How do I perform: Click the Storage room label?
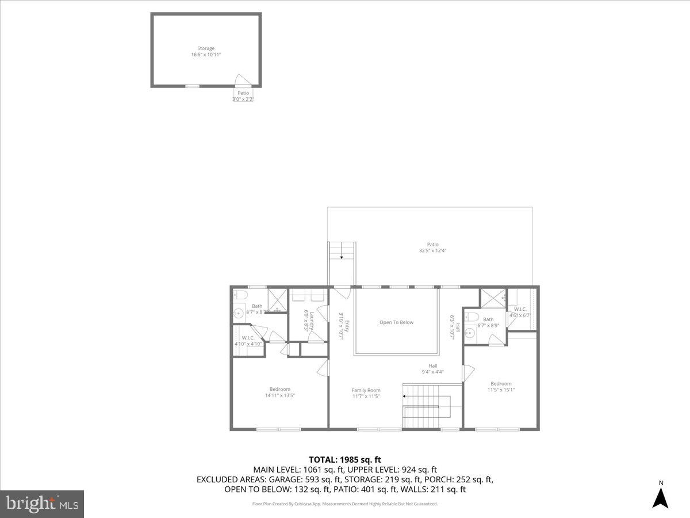[206, 52]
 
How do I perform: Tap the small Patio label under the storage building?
[243, 96]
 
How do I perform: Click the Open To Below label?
[396, 322]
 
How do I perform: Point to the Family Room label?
[366, 393]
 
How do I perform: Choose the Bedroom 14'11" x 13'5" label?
[280, 392]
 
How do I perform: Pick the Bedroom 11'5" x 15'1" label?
[501, 387]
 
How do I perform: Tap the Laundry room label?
[309, 320]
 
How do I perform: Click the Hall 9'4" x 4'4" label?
[432, 368]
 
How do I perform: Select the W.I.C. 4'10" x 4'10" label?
[248, 341]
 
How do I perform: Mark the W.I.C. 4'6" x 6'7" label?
[519, 312]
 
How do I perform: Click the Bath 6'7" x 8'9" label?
[488, 322]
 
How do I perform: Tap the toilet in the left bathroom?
[241, 295]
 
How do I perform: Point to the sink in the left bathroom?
[239, 314]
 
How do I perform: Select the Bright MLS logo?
[42, 504]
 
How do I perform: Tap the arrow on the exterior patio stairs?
[342, 258]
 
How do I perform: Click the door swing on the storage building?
[242, 81]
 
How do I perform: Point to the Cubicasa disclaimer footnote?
[345, 504]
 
